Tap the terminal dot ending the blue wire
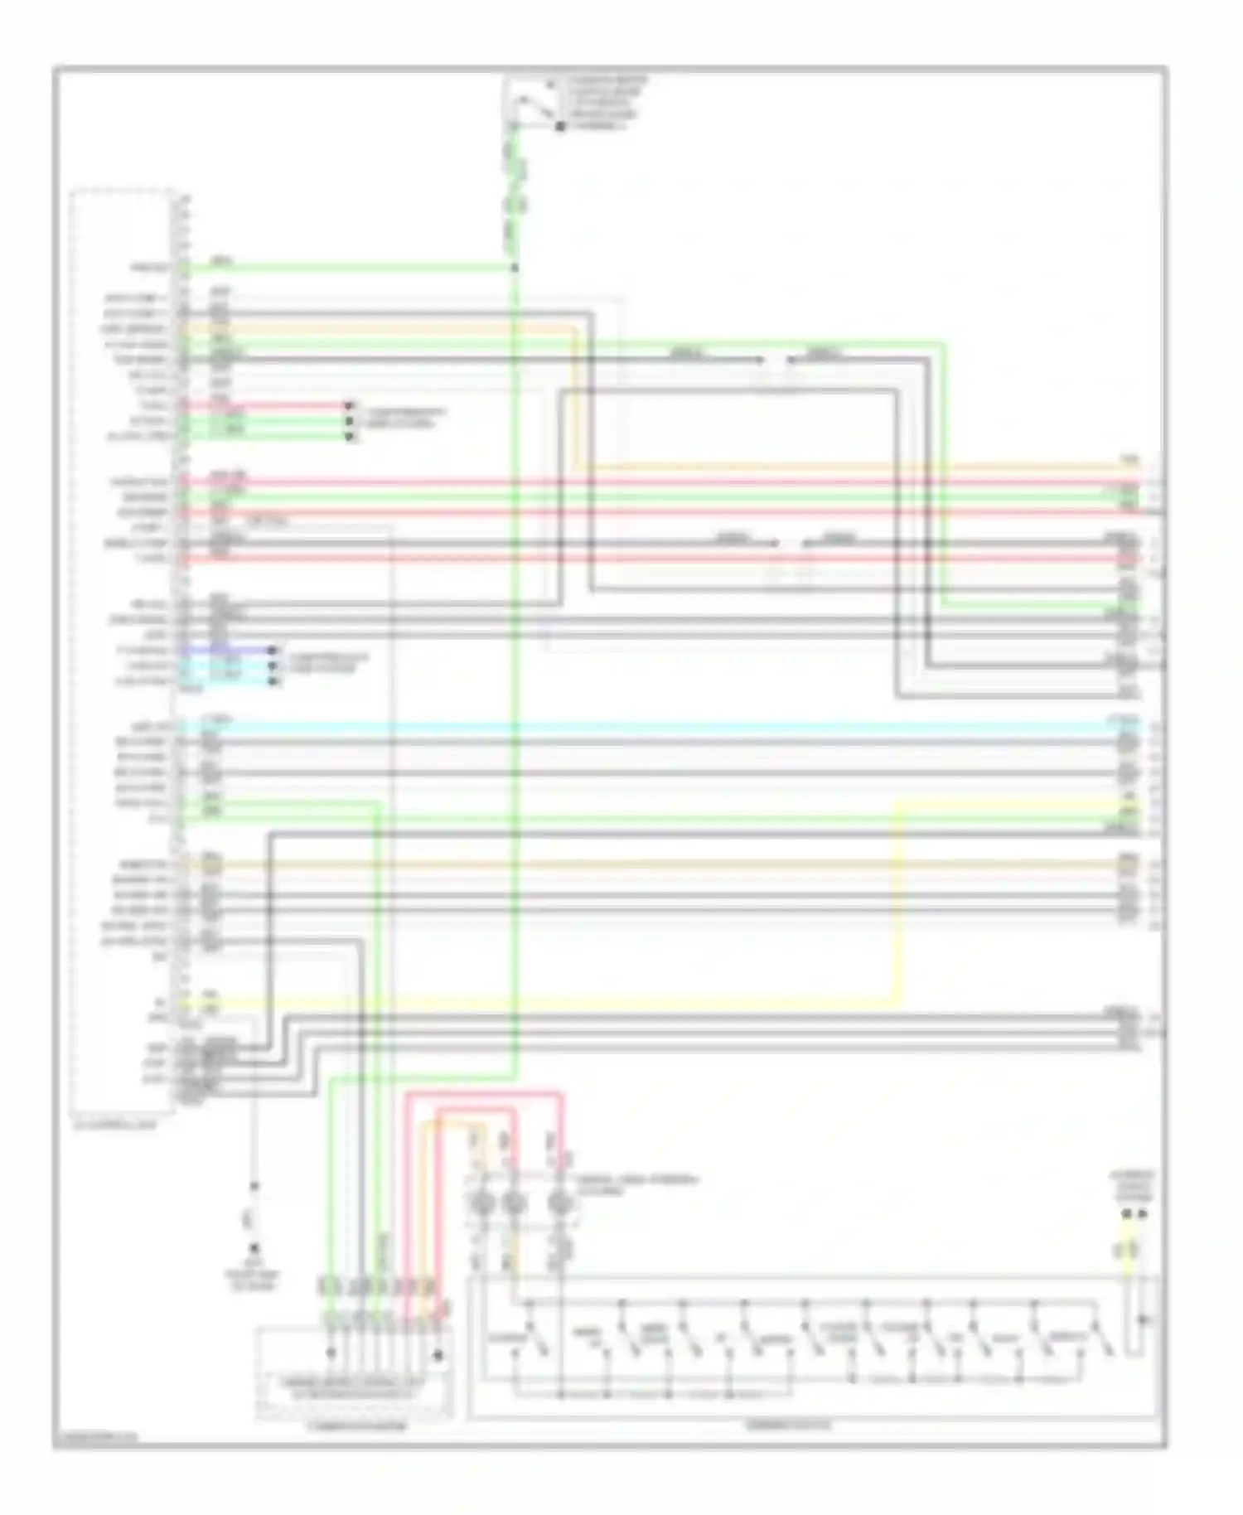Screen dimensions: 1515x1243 tap(273, 651)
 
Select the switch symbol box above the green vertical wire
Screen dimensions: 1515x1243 tap(531, 103)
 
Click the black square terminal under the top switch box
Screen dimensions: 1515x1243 tap(560, 127)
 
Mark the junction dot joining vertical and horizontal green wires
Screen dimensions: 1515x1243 tap(514, 268)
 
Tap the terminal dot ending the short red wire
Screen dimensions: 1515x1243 tap(349, 406)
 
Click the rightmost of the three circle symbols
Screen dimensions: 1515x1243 tap(562, 1203)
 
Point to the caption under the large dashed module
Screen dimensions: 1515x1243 tap(114, 1125)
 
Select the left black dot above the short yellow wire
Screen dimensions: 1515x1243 tap(1126, 1214)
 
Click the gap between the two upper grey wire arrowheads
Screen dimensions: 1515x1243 tap(775, 360)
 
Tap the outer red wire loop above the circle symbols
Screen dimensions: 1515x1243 tap(485, 1095)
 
